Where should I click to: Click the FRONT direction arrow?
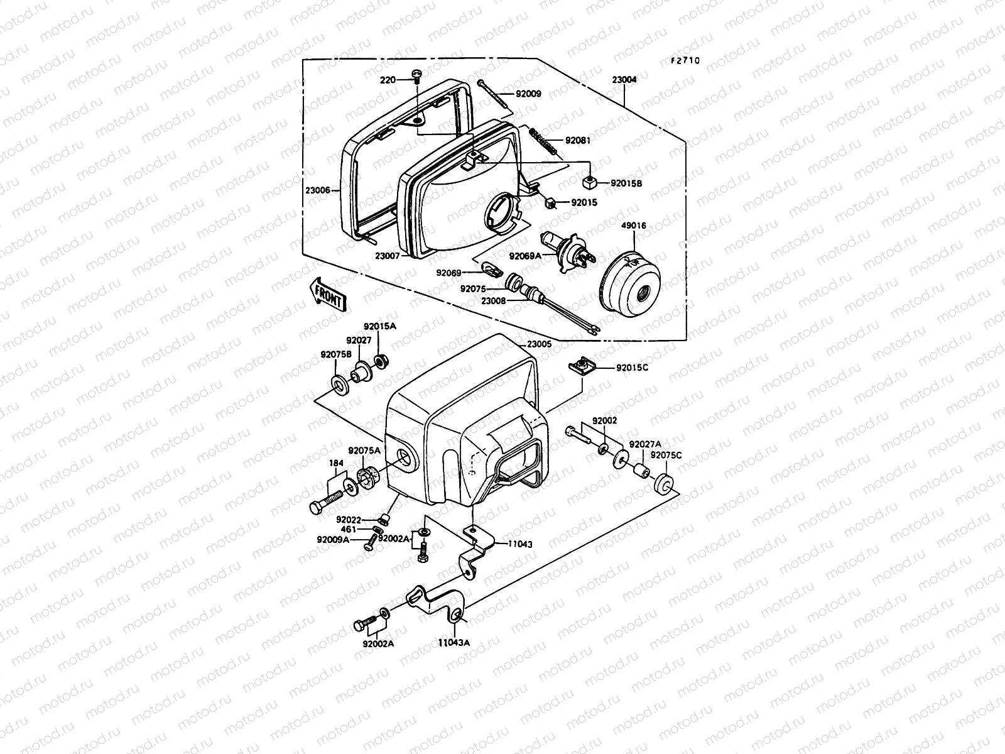pyautogui.click(x=327, y=295)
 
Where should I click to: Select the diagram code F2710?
pyautogui.click(x=684, y=61)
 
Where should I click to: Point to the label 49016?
pyautogui.click(x=633, y=226)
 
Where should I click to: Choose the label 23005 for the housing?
pyautogui.click(x=539, y=344)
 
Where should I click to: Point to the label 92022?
pyautogui.click(x=348, y=520)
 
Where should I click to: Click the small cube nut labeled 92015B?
pyautogui.click(x=589, y=183)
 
